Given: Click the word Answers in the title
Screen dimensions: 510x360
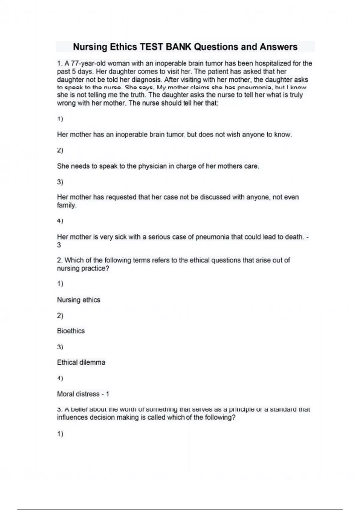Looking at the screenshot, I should pos(279,47).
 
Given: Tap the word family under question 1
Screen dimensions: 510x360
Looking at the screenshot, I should pos(66,205).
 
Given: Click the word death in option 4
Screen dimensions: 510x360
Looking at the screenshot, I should pos(294,237).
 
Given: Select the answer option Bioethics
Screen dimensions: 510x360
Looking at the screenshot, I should pos(71,331).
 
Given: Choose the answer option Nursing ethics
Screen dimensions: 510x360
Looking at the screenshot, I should pos(79,300).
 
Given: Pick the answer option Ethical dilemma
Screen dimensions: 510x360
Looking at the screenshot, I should pos(81,362).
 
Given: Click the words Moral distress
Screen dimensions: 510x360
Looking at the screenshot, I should pos(78,394).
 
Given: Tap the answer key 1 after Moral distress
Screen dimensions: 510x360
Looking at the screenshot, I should pos(108,394).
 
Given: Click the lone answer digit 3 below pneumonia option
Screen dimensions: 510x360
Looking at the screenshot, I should pos(59,245).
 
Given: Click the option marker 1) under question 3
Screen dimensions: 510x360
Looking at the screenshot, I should pos(60,434).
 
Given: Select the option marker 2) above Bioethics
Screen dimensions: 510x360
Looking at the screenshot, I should pos(60,316).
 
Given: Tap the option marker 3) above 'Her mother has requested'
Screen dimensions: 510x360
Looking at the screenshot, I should pos(60,182).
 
